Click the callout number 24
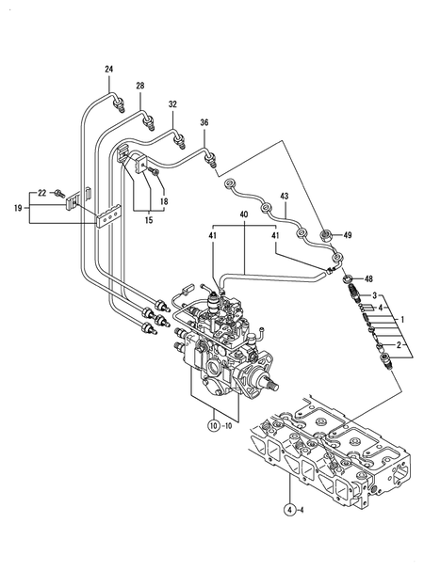[108, 71]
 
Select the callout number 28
[139, 87]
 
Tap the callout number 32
[172, 103]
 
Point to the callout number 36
[204, 121]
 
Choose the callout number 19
[18, 207]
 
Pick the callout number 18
[163, 201]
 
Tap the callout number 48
[368, 279]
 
